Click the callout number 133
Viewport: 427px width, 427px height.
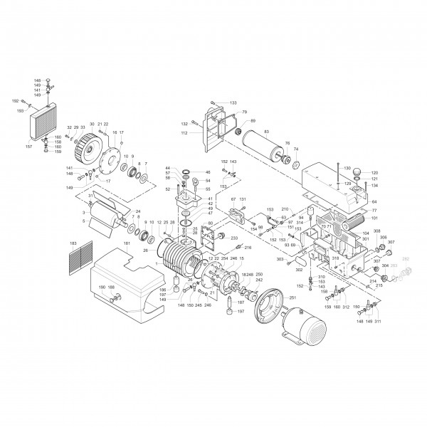(233, 103)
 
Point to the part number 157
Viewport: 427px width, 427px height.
(29, 147)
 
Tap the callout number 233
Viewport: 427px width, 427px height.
(233, 238)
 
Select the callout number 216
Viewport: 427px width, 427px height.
(248, 247)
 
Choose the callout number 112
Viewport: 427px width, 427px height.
(184, 133)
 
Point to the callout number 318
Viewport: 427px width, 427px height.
(335, 258)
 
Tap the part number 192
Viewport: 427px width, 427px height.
(15, 102)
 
